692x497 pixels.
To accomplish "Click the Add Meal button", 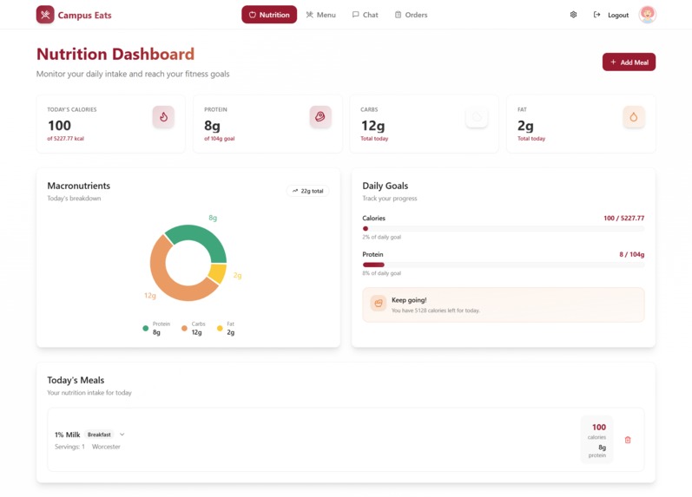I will tap(629, 62).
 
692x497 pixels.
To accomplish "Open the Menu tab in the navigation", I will tap(320, 15).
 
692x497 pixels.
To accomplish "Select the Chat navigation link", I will tap(365, 15).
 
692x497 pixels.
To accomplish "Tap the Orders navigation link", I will tap(411, 15).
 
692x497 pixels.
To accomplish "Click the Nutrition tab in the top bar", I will tap(269, 15).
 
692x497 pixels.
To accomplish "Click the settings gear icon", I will tap(573, 15).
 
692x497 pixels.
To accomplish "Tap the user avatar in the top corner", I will tap(647, 15).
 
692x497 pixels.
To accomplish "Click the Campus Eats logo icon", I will tap(45, 15).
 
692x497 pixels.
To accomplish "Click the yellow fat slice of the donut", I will tap(218, 274).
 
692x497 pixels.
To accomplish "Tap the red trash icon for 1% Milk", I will tap(628, 440).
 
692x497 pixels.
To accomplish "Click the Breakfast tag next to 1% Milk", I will tap(99, 435).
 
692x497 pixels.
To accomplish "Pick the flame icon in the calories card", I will tap(163, 116).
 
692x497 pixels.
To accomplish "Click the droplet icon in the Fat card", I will tap(634, 116).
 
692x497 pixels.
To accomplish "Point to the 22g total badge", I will tap(307, 191).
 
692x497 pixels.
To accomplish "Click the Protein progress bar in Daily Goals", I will tap(503, 265).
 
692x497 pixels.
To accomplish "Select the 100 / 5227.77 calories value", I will tap(623, 219).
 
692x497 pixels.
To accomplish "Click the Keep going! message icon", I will tap(378, 303).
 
